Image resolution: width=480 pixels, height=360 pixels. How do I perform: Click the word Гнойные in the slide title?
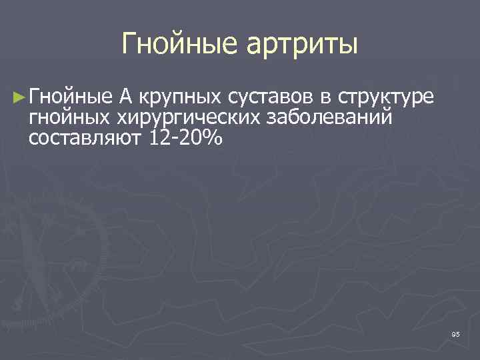pos(181,45)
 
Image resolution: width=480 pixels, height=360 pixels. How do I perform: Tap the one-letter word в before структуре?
pos(325,98)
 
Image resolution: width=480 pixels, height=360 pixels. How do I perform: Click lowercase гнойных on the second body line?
pos(70,118)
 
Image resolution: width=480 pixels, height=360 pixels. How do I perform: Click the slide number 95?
pos(455,333)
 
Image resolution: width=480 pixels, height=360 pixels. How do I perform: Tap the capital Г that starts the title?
pos(129,44)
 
